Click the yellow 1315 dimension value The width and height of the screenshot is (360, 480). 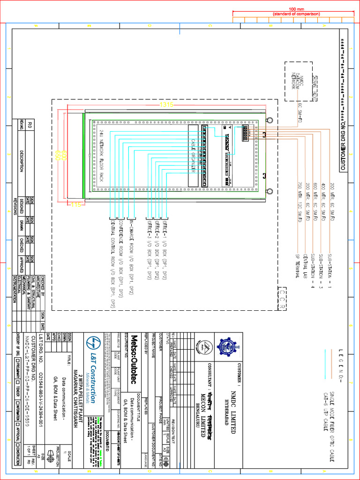tap(166, 105)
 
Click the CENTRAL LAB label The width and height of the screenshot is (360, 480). tap(305, 268)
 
